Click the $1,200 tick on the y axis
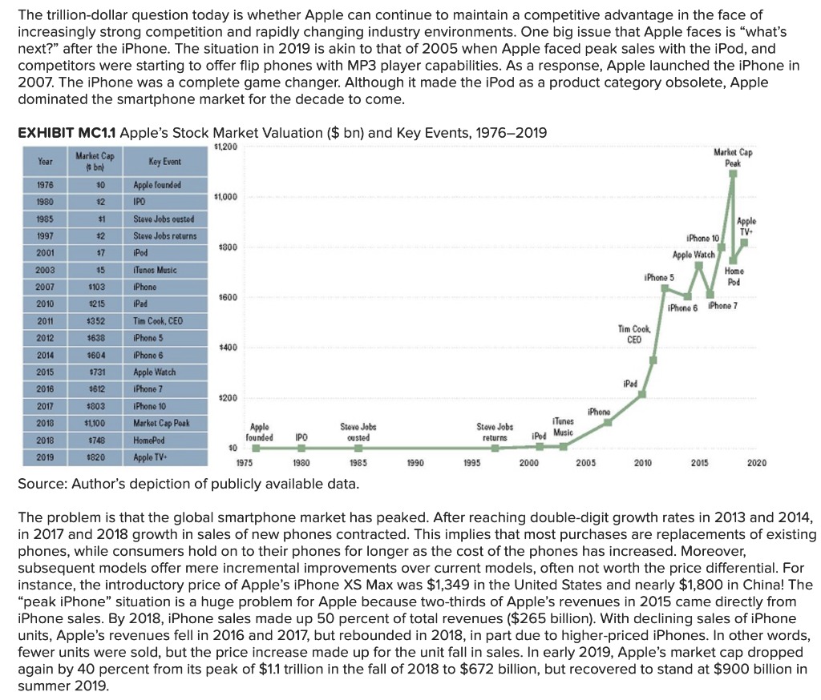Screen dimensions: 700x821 coord(224,145)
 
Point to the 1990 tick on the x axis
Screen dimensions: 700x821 coord(415,462)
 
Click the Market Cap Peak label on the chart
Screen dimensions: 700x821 coord(730,156)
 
